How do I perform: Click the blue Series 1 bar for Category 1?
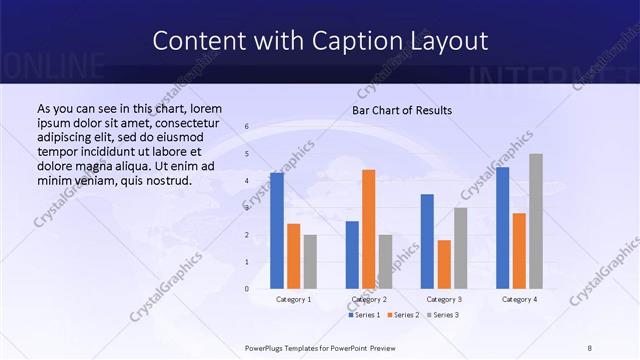pos(277,231)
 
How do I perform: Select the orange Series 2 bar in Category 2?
pos(369,229)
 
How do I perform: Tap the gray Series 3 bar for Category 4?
pos(536,221)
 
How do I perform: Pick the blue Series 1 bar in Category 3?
pos(427,241)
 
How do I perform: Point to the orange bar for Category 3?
pos(444,264)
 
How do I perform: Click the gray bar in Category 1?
pos(310,261)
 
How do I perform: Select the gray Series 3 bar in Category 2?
pos(386,261)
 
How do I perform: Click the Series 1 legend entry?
pos(364,315)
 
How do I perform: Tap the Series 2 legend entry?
pos(402,315)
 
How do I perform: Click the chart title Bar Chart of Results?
pos(402,110)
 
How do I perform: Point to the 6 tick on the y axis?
pos(247,127)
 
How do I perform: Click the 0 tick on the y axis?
pos(247,289)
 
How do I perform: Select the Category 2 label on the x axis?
pos(369,299)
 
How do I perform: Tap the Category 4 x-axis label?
pos(519,299)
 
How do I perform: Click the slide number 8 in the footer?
pos(590,347)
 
